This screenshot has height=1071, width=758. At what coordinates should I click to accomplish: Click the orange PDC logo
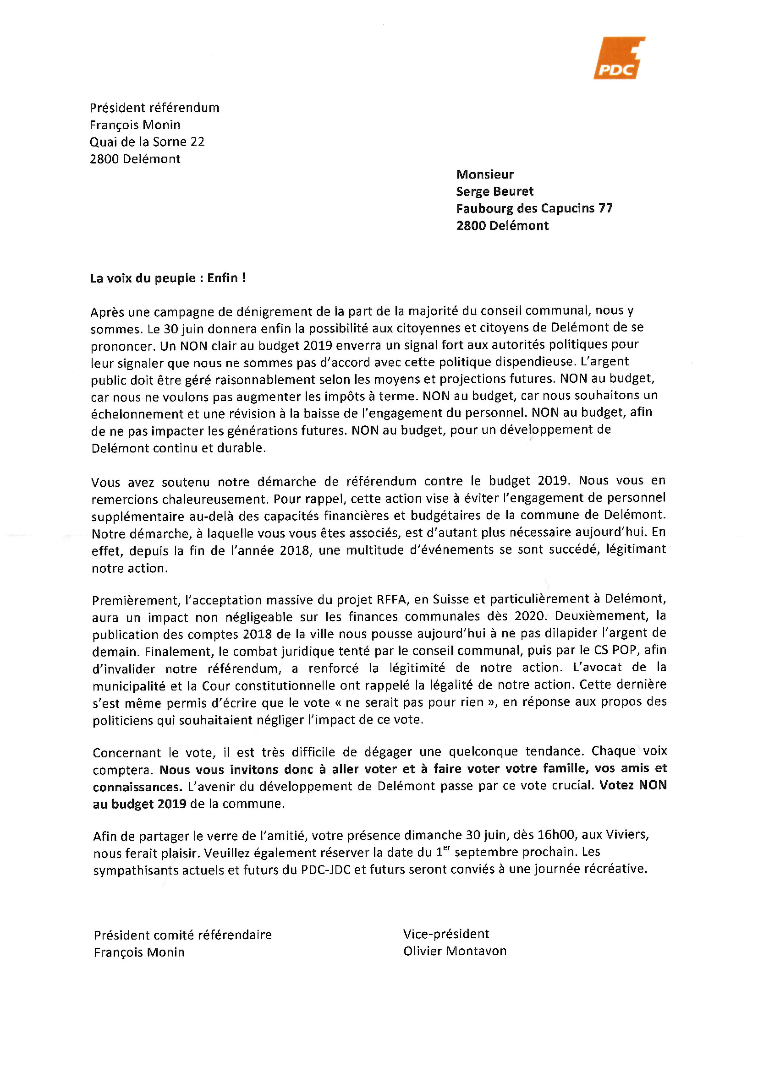coord(619,58)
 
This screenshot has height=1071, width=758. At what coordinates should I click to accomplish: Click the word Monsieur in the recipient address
coord(484,174)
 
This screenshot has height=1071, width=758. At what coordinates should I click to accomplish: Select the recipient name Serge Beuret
coord(495,191)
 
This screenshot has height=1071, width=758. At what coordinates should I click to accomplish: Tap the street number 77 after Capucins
coord(605,208)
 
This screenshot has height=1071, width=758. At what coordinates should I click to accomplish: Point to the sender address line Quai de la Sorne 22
coord(147,142)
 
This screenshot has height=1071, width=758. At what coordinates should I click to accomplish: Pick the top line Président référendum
coord(154,108)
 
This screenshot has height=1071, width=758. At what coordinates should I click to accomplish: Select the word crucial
coord(574,786)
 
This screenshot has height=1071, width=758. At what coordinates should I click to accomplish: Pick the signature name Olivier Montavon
coord(455,951)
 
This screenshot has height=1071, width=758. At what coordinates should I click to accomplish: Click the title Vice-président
coord(446,934)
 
